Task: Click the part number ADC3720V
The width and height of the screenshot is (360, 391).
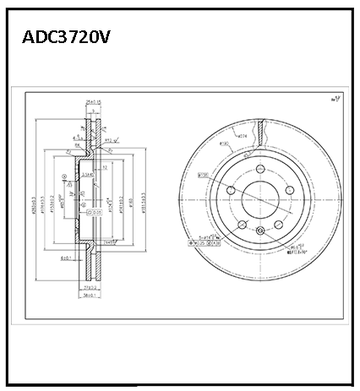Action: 66,38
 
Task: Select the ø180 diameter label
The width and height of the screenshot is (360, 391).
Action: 226,144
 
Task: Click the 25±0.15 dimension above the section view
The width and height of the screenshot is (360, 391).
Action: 94,102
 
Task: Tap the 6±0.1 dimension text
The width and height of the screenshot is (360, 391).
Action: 65,258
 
